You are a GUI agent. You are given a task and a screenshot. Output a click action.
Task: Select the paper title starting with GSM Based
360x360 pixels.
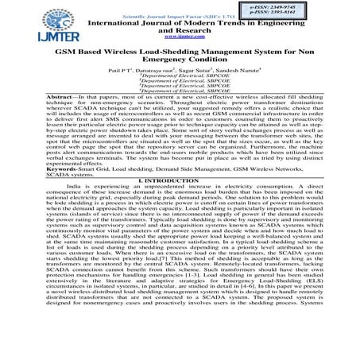coord(180,51)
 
